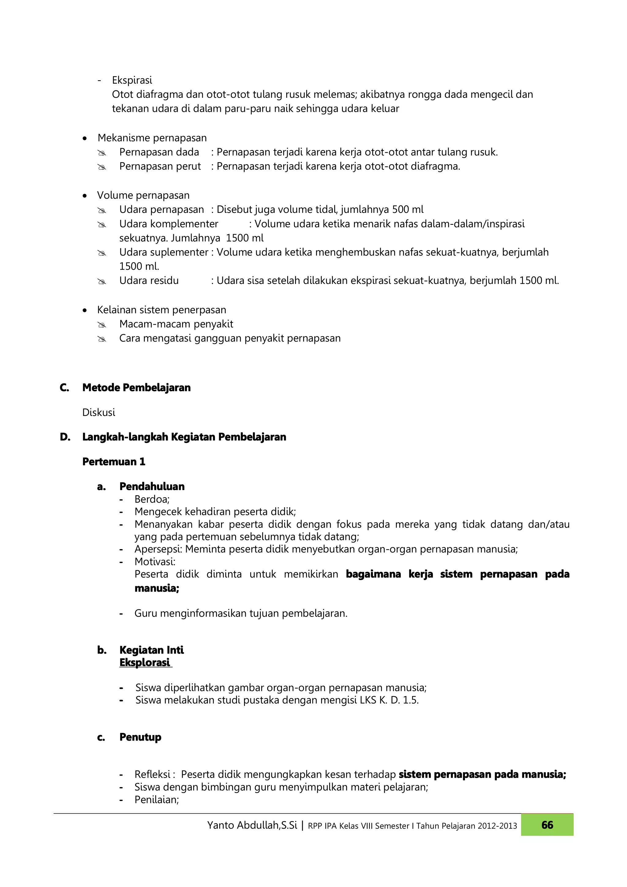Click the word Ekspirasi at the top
pyautogui.click(x=132, y=80)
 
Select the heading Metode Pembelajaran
pyautogui.click(x=136, y=387)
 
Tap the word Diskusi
pyautogui.click(x=99, y=412)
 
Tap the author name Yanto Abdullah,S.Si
pyautogui.click(x=252, y=825)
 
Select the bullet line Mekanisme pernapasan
pyautogui.click(x=152, y=138)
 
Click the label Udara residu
pyautogui.click(x=149, y=281)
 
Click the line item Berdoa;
pyautogui.click(x=152, y=499)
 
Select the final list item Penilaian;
pyautogui.click(x=156, y=799)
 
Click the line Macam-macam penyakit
pyautogui.click(x=176, y=324)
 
